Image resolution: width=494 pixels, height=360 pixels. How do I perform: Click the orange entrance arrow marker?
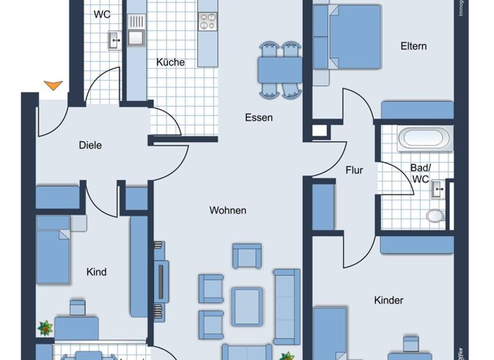53,85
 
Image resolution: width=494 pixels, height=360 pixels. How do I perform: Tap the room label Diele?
90,145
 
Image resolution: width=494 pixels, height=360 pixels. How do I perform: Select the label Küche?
170,62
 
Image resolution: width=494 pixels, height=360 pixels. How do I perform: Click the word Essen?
259,118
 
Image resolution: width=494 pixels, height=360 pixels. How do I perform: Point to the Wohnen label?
228,210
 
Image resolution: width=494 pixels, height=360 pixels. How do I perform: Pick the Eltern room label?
414,46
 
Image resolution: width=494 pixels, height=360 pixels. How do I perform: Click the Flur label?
354,170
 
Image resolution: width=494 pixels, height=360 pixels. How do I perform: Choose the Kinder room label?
389,300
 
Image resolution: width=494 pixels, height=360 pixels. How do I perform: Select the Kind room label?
96,272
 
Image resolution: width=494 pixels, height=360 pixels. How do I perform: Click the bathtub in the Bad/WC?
424,138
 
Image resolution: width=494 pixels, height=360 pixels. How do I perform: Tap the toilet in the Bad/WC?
435,215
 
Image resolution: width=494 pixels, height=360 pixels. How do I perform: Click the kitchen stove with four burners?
208,21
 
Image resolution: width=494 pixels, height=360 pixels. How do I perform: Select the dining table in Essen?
280,69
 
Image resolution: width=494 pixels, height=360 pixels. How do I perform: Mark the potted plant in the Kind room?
46,328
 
